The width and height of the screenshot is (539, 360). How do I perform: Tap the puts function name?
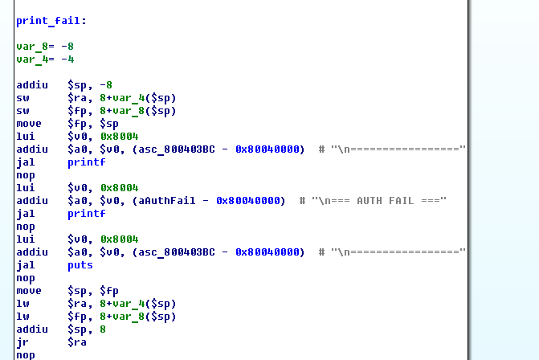coord(80,265)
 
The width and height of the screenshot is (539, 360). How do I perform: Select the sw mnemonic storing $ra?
coord(22,98)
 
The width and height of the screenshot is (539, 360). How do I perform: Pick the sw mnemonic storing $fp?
coord(22,111)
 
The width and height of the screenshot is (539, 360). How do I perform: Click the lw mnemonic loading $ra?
coord(22,304)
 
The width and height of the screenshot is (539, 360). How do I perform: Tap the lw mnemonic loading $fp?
coord(22,317)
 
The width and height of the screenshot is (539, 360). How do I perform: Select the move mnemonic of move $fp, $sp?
coord(28,124)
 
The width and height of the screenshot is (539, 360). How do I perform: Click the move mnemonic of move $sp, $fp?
coord(28,291)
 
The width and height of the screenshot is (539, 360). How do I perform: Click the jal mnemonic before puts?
coord(25,265)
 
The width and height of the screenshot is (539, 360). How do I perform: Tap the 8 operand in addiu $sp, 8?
coord(102,329)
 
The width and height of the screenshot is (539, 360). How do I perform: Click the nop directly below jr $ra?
coord(25,355)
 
